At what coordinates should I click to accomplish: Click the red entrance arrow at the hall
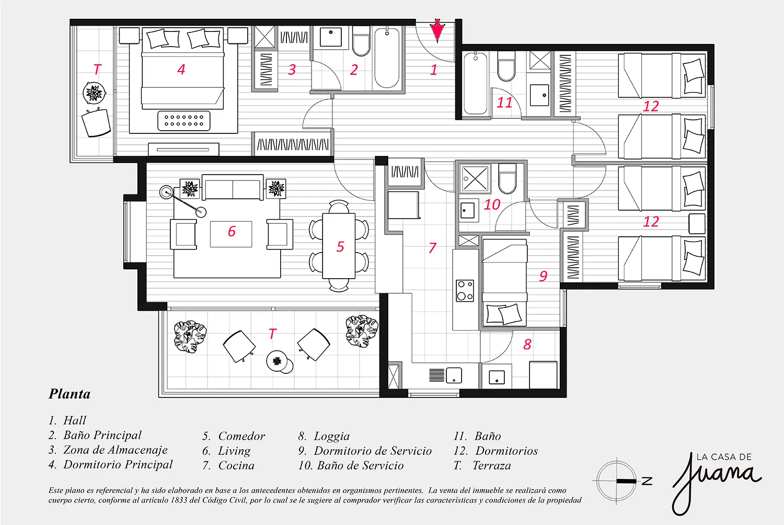point(437,31)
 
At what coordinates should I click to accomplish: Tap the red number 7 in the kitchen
point(432,248)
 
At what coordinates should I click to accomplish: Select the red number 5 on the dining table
point(340,247)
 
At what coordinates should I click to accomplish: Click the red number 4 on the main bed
point(181,70)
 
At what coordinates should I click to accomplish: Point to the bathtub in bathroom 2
point(387,58)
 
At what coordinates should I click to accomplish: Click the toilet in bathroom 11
point(506,66)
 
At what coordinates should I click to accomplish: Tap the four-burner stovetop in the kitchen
point(465,291)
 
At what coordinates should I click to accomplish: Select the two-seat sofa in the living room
point(233,187)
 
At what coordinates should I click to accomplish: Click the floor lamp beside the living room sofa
point(183,202)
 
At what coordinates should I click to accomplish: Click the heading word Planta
point(70,394)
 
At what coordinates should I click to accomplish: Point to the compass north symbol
point(622,481)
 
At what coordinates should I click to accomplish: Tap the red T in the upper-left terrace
point(97,70)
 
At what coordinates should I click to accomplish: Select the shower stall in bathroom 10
point(475,179)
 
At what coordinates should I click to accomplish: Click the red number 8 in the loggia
point(527,344)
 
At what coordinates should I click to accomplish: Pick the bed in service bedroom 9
point(504,283)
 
